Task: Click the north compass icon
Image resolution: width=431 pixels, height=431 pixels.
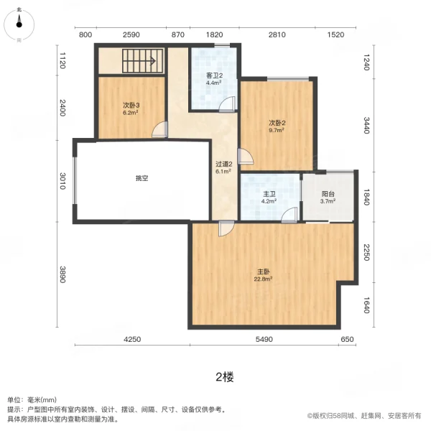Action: point(19,24)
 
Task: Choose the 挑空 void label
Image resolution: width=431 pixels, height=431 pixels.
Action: point(142,178)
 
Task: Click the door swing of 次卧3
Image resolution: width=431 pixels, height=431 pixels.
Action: point(159,129)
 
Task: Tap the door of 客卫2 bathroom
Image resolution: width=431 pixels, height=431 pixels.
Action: point(228,104)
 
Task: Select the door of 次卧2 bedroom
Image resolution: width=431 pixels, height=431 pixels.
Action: point(246,157)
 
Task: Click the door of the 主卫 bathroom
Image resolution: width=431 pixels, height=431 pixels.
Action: point(289,215)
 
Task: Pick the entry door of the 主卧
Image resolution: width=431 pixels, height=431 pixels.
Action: point(226,228)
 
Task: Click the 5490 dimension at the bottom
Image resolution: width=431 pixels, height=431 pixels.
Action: point(264,339)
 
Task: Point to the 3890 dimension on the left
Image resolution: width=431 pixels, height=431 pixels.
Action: point(62,274)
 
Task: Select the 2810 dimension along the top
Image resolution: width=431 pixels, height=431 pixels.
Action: point(277,34)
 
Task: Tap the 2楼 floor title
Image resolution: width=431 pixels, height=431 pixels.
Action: point(225,377)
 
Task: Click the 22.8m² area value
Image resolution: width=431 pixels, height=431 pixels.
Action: point(263,279)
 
